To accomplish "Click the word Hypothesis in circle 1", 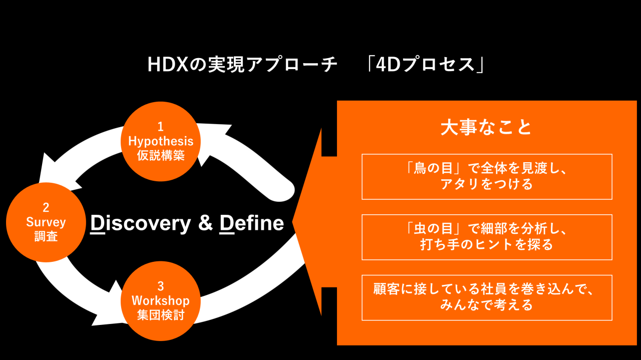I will (x=161, y=141).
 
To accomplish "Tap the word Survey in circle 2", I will (x=46, y=222).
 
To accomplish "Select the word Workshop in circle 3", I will (x=161, y=301).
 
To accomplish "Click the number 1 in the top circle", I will (x=161, y=126).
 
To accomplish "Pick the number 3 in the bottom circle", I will (x=161, y=286).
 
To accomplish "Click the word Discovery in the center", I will (x=141, y=223).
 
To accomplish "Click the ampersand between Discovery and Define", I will (x=205, y=223).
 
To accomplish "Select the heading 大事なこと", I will (x=486, y=128).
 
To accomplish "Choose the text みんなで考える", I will (x=486, y=304).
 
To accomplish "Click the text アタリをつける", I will (x=486, y=184).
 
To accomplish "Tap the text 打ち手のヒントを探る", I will (x=486, y=244).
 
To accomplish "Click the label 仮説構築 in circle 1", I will (x=161, y=155).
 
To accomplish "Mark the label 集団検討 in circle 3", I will (x=161, y=315).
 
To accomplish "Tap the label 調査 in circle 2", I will (x=46, y=236).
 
